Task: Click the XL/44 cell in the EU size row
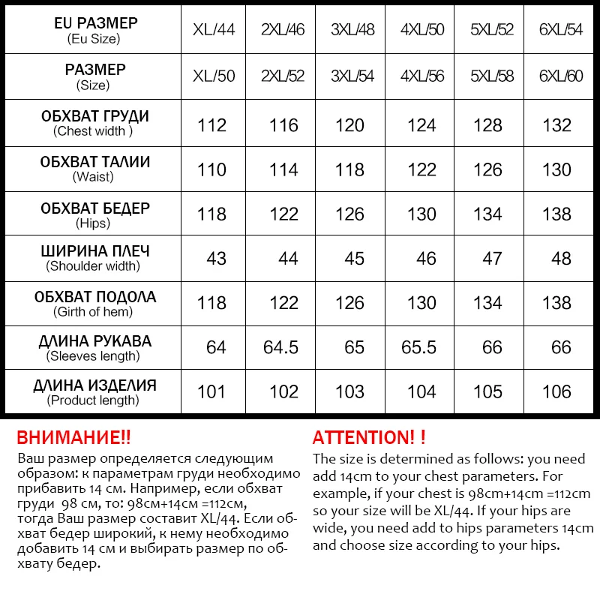pyautogui.click(x=214, y=30)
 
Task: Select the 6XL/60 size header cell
pyautogui.click(x=560, y=76)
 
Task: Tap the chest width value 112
pyautogui.click(x=212, y=125)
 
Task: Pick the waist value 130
pyautogui.click(x=556, y=169)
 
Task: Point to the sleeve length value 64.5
pyautogui.click(x=281, y=347)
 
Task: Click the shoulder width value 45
pyautogui.click(x=354, y=259)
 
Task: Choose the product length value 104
pyautogui.click(x=421, y=391)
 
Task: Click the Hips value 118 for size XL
pyautogui.click(x=211, y=214)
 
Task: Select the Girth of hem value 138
pyautogui.click(x=556, y=303)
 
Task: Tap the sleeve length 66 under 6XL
pyautogui.click(x=560, y=347)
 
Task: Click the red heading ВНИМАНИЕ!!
pyautogui.click(x=73, y=437)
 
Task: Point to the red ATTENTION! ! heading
pyautogui.click(x=369, y=437)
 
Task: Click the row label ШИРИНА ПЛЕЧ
pyautogui.click(x=95, y=251)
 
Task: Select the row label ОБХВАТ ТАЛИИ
pyautogui.click(x=95, y=162)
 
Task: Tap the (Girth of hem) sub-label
pyautogui.click(x=93, y=311)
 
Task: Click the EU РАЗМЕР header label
pyautogui.click(x=95, y=23)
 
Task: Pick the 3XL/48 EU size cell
pyautogui.click(x=352, y=30)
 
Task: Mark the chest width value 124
pyautogui.click(x=421, y=125)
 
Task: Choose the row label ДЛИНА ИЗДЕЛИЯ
pyautogui.click(x=95, y=385)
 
